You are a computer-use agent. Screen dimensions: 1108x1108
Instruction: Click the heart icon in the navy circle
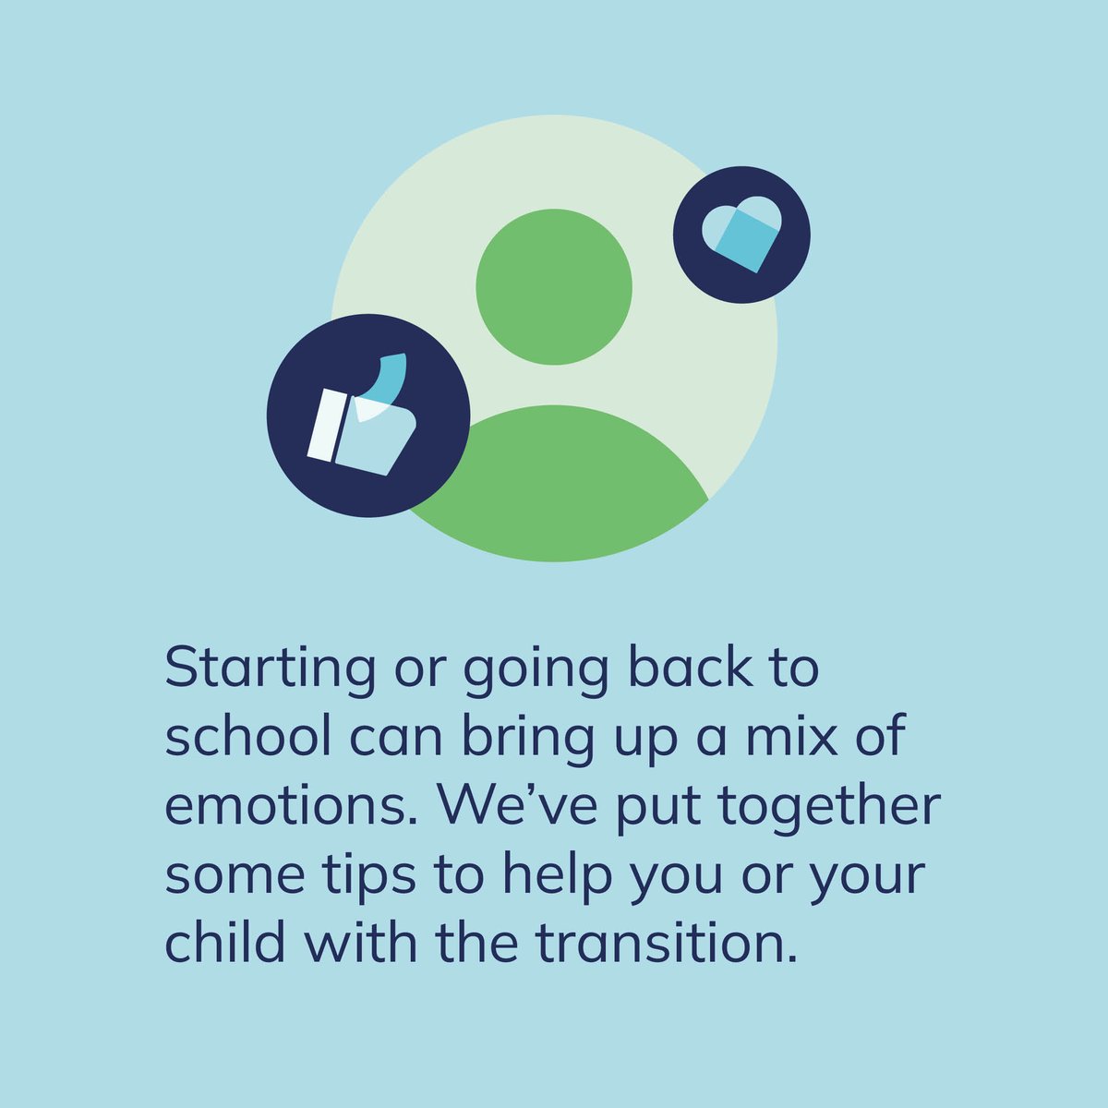pyautogui.click(x=741, y=235)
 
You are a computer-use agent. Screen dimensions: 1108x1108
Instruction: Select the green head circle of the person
pyautogui.click(x=554, y=286)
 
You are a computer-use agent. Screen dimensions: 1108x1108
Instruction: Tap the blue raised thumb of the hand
pyautogui.click(x=391, y=374)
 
